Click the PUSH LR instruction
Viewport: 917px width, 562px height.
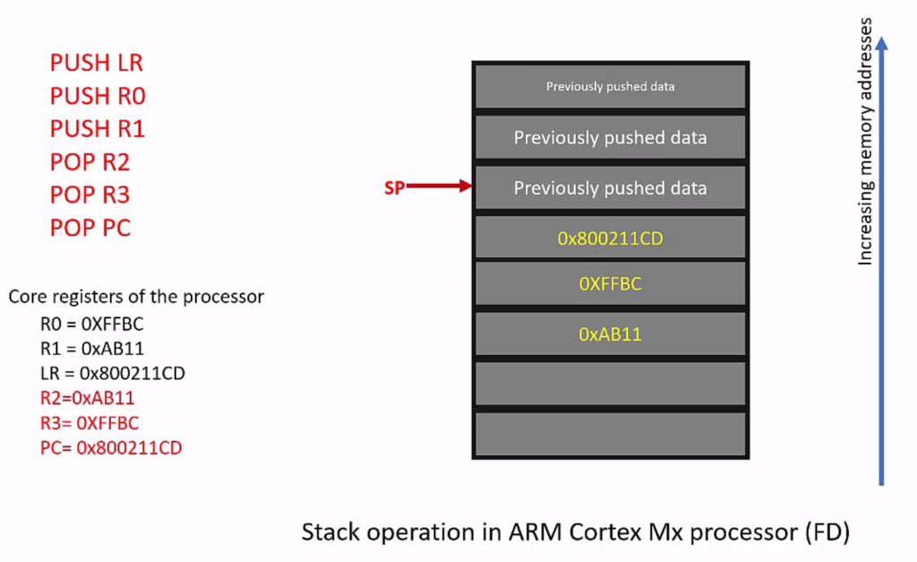click(x=96, y=63)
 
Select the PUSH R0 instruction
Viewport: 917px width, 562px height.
click(x=98, y=96)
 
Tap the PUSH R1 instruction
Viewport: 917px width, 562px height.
click(x=98, y=129)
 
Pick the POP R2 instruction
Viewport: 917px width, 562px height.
click(x=90, y=162)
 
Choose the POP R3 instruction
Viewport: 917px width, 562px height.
click(x=90, y=195)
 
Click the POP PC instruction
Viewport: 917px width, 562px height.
click(x=90, y=228)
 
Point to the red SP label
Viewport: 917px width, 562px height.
click(x=394, y=187)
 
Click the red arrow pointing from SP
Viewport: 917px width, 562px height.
click(x=439, y=186)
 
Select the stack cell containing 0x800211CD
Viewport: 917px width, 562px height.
click(x=610, y=238)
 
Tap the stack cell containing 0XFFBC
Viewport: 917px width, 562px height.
click(x=610, y=285)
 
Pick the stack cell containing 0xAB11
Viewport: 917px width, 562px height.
click(x=610, y=334)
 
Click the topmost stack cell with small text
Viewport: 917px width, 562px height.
click(x=610, y=87)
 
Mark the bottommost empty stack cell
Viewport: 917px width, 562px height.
click(x=610, y=434)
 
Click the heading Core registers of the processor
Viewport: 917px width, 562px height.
click(x=136, y=297)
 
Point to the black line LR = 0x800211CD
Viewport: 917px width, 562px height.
click(x=112, y=373)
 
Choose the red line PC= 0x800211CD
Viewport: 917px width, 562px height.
click(x=111, y=447)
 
